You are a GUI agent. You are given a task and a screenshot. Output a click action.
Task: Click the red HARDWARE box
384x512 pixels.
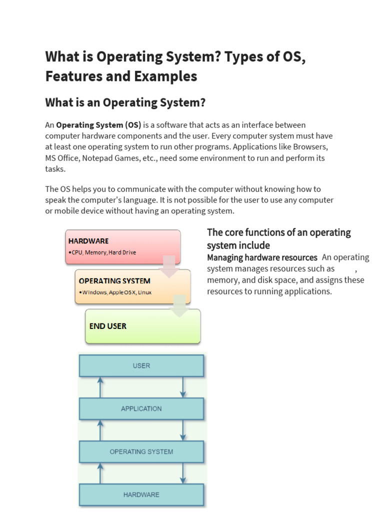pos(122,246)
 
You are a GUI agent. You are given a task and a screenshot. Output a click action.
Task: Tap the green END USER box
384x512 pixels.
pos(142,326)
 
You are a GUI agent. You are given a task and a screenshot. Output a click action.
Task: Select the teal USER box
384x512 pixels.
pos(141,365)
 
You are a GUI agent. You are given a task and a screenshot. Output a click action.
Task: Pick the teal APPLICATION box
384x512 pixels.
pos(141,408)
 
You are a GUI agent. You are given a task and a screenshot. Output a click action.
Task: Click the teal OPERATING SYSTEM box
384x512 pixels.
pos(141,451)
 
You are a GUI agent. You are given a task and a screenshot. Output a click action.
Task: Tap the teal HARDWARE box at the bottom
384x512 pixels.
pos(141,494)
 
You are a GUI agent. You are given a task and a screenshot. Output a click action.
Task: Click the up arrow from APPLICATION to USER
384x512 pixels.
pos(100,387)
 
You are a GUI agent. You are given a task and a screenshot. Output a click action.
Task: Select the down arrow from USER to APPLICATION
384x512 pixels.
pos(183,387)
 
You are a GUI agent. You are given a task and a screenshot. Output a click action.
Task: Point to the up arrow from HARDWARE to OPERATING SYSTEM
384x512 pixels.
pos(100,473)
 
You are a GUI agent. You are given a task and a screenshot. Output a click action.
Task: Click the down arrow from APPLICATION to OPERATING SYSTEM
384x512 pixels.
pos(183,430)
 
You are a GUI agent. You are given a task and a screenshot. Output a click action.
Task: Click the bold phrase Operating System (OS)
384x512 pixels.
pos(98,124)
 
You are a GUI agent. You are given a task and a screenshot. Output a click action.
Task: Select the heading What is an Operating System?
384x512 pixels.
pos(125,102)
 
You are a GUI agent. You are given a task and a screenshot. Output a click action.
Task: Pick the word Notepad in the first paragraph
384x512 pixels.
pos(98,158)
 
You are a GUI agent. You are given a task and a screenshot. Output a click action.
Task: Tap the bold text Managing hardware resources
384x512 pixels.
pos(262,257)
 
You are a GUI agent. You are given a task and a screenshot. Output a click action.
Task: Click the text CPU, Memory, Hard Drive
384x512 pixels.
pos(103,252)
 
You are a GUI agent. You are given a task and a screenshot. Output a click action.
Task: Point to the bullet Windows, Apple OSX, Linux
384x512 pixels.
pos(116,292)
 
